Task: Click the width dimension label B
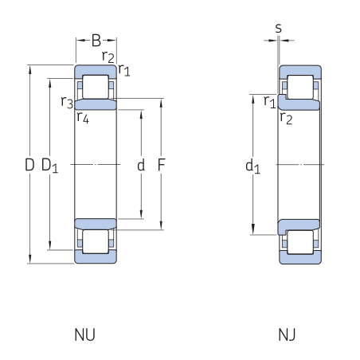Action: point(96,41)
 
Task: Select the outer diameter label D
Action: point(29,165)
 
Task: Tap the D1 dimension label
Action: point(49,166)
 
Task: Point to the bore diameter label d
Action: point(141,165)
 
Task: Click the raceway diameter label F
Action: point(162,165)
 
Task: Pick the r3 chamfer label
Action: point(67,102)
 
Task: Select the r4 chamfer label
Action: point(83,117)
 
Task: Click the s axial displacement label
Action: point(278,28)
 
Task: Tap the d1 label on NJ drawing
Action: point(252,166)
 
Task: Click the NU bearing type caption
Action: point(84,335)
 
